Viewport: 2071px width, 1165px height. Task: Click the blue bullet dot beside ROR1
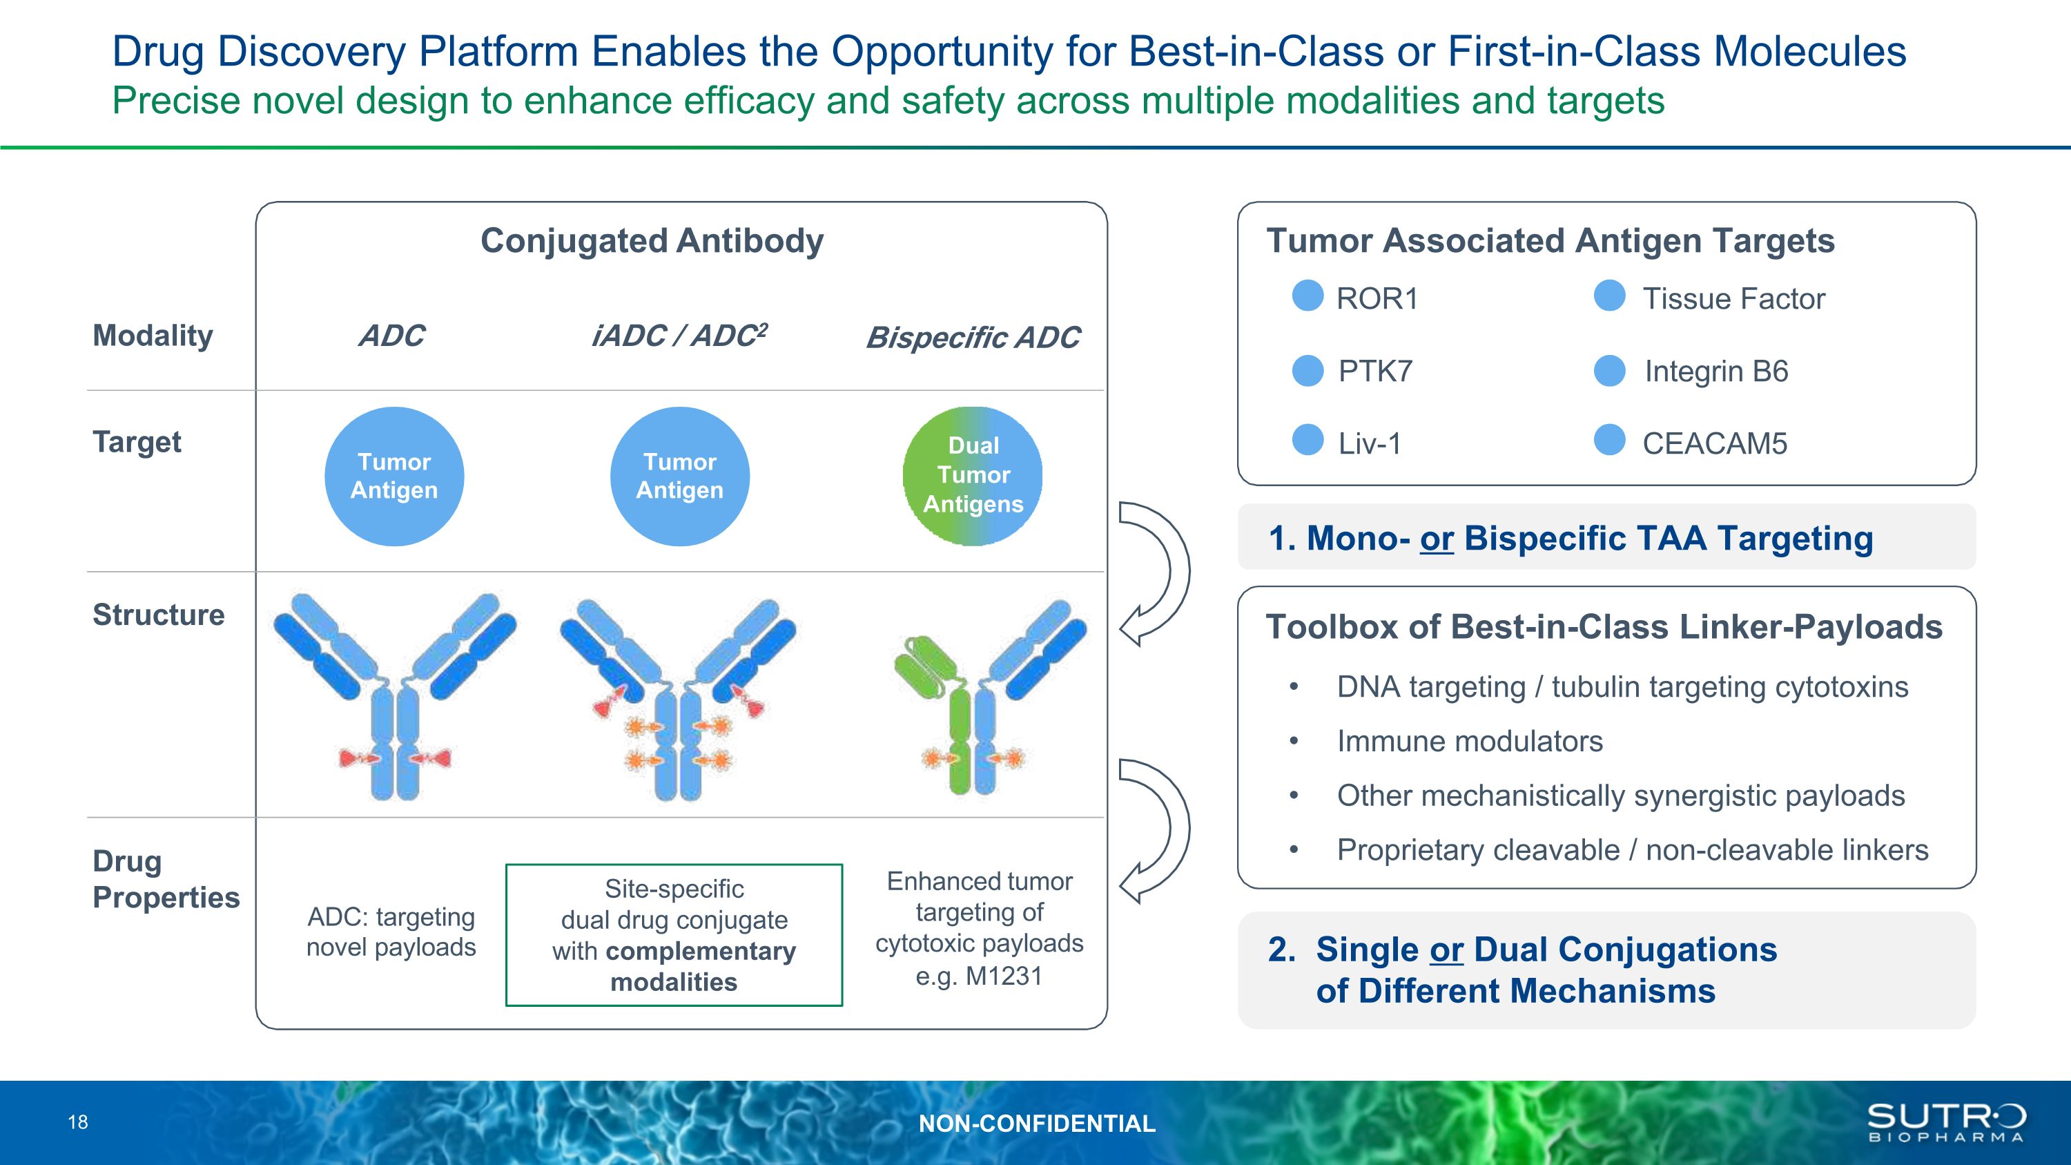pyautogui.click(x=1307, y=295)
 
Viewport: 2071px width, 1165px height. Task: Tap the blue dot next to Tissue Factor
pyautogui.click(x=1610, y=295)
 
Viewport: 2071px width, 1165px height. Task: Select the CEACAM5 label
pyautogui.click(x=1714, y=443)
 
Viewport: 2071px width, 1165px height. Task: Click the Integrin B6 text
pyautogui.click(x=1715, y=372)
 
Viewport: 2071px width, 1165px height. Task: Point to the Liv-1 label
pyautogui.click(x=1369, y=443)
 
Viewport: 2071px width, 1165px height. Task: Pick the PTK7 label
pyautogui.click(x=1374, y=372)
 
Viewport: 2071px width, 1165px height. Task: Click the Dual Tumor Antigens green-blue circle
pyautogui.click(x=973, y=475)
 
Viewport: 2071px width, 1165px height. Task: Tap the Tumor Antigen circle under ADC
pyautogui.click(x=394, y=476)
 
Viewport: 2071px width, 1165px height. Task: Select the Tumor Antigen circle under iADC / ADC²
pyautogui.click(x=679, y=476)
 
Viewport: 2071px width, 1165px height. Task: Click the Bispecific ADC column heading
pyautogui.click(x=973, y=338)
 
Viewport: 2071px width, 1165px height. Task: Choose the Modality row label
pyautogui.click(x=153, y=335)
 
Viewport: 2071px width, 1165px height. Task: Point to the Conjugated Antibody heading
pyautogui.click(x=652, y=240)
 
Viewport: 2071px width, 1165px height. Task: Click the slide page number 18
pyautogui.click(x=78, y=1122)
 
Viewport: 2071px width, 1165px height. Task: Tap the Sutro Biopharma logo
pyautogui.click(x=1945, y=1122)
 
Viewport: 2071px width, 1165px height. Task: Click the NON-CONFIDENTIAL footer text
pyautogui.click(x=1037, y=1123)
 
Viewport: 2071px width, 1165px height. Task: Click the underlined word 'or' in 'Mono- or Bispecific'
pyautogui.click(x=1437, y=539)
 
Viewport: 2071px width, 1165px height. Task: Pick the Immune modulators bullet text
pyautogui.click(x=1470, y=741)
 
